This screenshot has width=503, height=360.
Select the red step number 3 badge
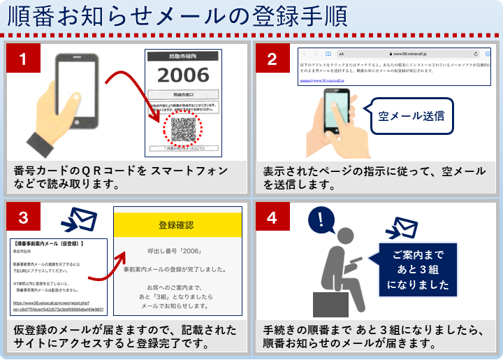pos(23,217)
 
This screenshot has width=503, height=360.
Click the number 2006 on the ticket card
pos(182,75)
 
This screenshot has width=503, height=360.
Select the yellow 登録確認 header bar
pos(176,225)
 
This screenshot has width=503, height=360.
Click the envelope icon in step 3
pos(80,220)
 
